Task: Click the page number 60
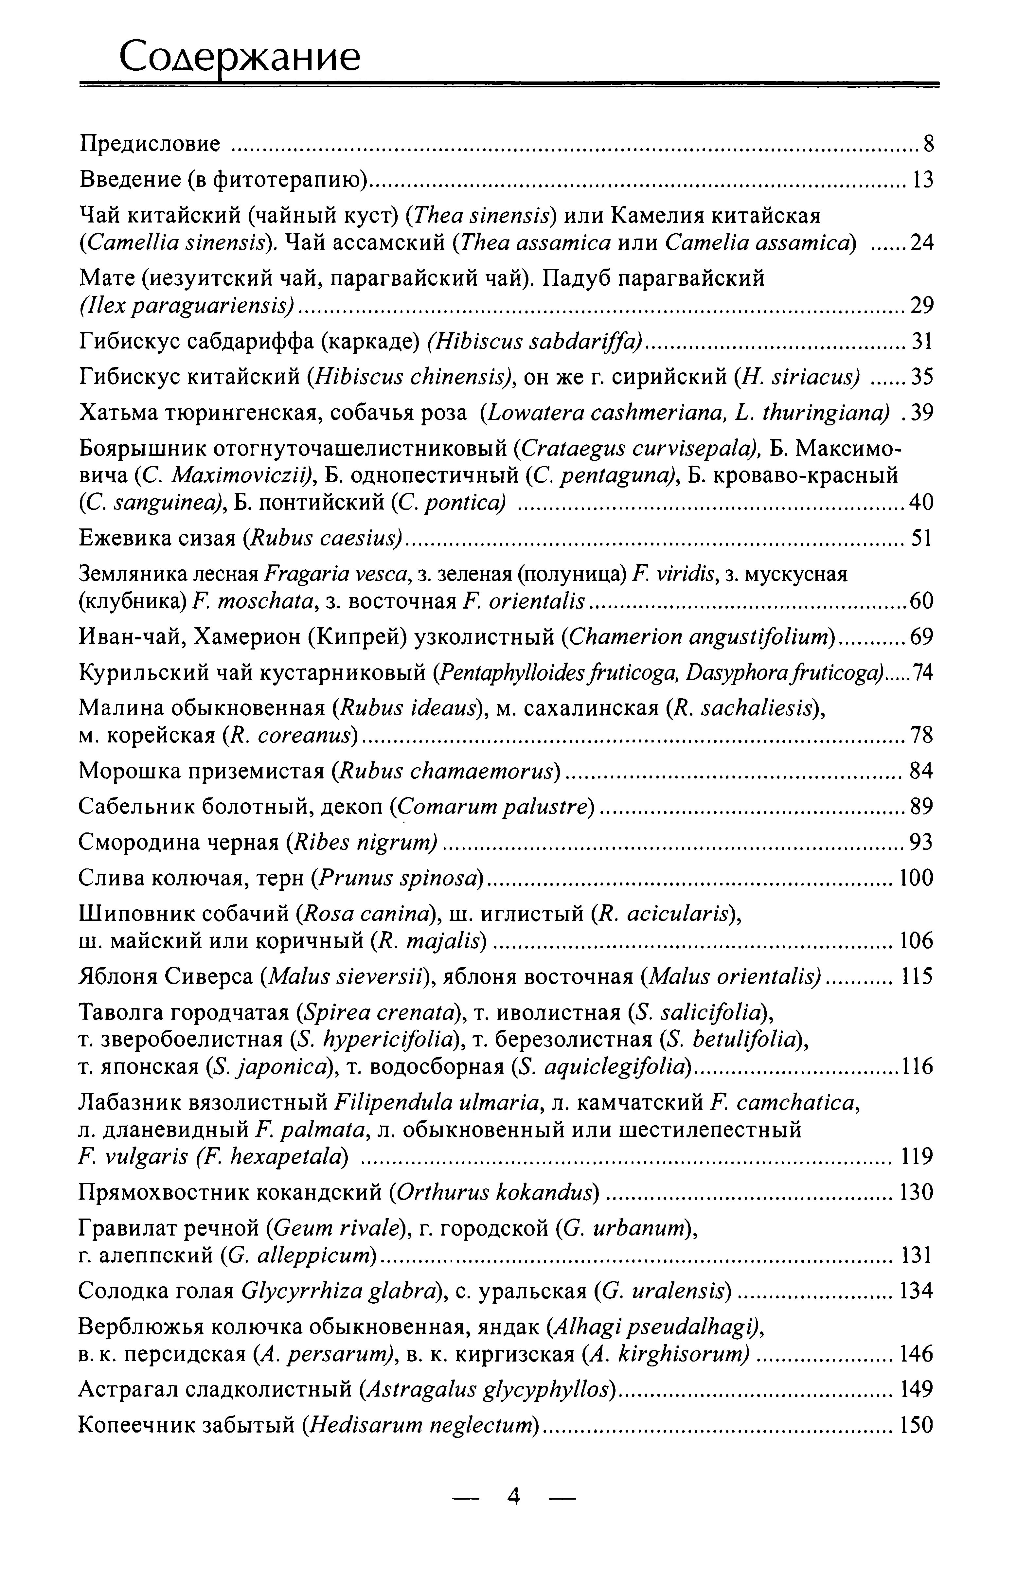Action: pyautogui.click(x=921, y=601)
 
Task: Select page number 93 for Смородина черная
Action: pyautogui.click(x=921, y=842)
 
